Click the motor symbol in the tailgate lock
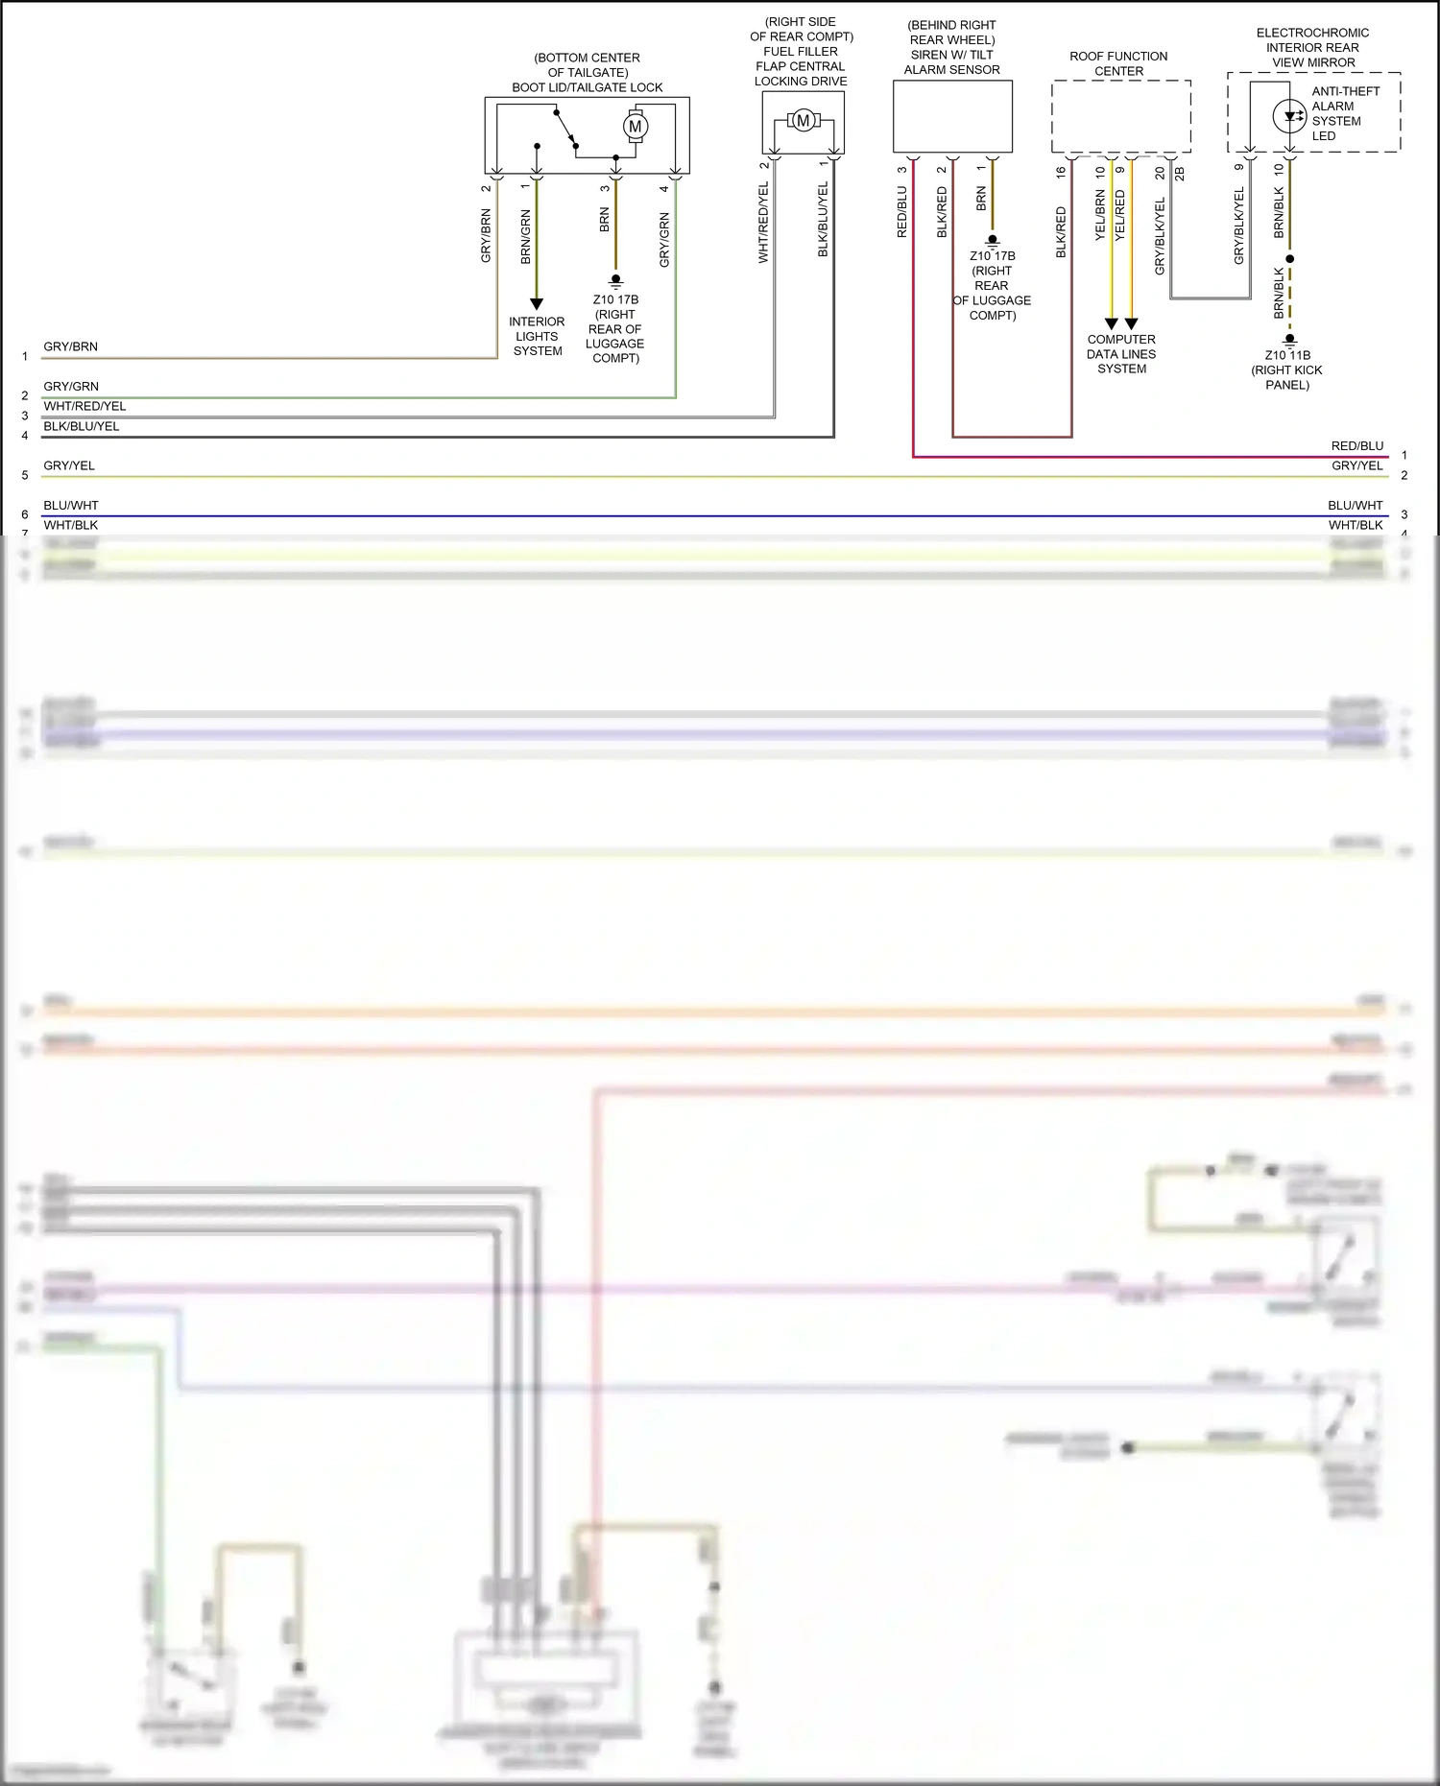[635, 126]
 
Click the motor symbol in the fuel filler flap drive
[804, 121]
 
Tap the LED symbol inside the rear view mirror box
[1289, 117]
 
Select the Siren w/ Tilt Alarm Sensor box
[952, 116]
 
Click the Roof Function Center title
[1118, 63]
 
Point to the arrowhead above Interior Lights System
[537, 304]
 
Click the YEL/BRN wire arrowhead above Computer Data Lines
[1111, 324]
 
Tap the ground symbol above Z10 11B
[1290, 339]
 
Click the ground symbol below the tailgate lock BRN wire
[615, 281]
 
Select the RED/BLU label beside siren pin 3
[901, 212]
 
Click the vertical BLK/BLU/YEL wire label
[823, 220]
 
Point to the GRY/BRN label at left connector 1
[70, 346]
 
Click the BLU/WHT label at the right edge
[1355, 505]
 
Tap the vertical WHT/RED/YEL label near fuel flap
[763, 223]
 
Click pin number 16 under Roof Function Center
[1061, 173]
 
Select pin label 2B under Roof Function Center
[1180, 174]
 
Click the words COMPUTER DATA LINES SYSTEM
[1121, 354]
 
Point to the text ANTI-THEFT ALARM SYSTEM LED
[1345, 113]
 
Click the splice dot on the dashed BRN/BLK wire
[1290, 259]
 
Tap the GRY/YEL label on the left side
[69, 465]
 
